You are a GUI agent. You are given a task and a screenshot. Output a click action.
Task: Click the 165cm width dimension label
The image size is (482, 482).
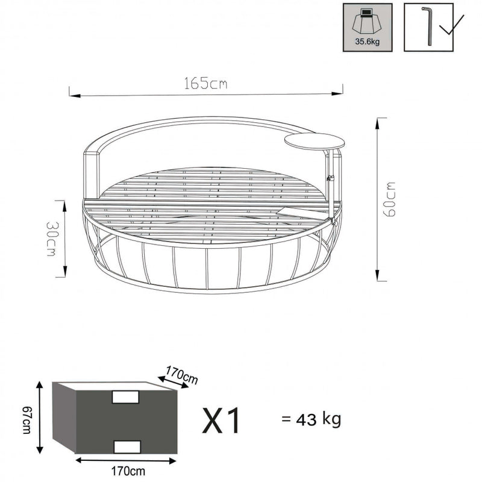pos(206,85)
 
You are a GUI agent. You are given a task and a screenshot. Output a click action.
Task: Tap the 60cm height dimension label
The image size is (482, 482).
pos(391,198)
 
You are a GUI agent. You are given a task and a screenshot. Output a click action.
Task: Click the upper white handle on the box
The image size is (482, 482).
pos(127,398)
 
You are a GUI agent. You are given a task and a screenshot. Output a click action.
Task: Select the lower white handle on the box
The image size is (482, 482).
pos(127,446)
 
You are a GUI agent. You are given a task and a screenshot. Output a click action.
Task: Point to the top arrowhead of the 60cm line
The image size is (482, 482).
pos(378,120)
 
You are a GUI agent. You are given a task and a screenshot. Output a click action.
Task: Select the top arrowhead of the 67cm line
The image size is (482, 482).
pos(41,385)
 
